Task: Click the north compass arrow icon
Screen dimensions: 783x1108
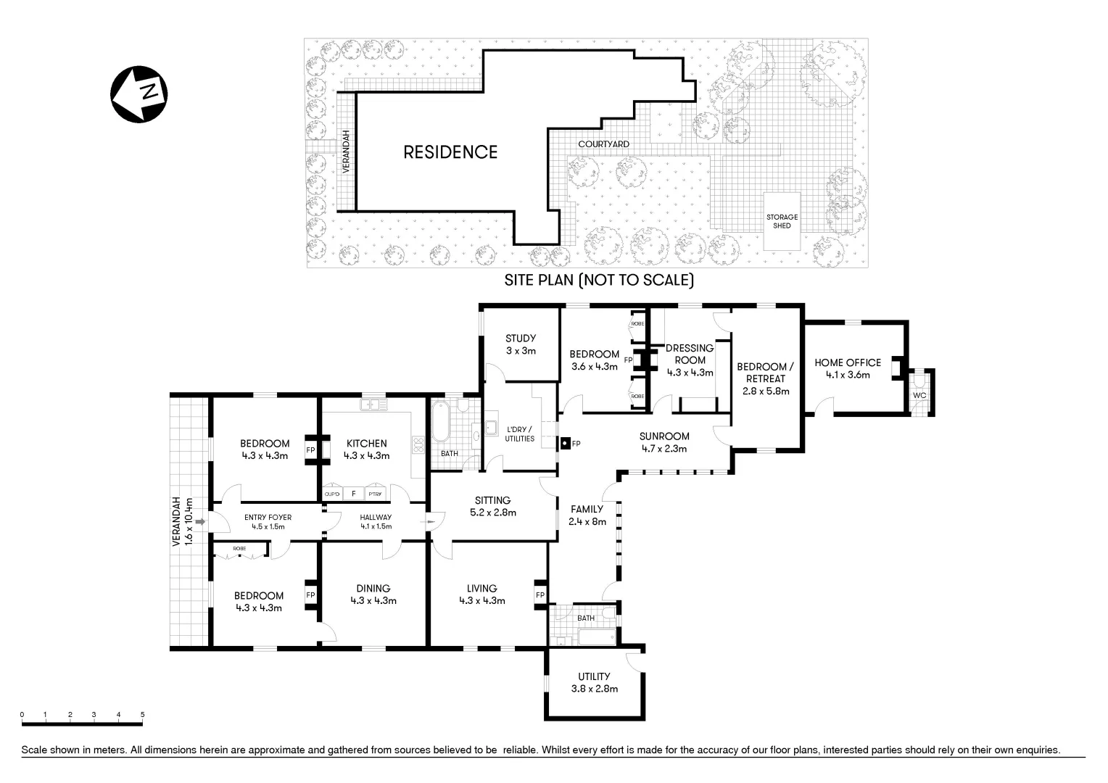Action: (138, 94)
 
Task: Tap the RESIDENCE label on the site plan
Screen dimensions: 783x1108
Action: (450, 152)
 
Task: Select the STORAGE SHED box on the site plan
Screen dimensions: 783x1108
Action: (782, 221)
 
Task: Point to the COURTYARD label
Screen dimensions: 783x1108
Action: (603, 144)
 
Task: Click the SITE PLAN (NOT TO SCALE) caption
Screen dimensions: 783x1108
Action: (599, 281)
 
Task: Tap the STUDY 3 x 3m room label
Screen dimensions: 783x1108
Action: (521, 344)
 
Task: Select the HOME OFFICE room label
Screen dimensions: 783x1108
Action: (847, 368)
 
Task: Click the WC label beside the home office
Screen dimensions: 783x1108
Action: (919, 396)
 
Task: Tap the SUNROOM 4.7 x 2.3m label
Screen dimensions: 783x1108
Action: (664, 442)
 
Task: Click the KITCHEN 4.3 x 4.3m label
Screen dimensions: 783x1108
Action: (366, 449)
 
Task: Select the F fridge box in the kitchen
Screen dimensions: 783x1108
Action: (354, 494)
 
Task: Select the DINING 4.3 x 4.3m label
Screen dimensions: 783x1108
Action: (373, 594)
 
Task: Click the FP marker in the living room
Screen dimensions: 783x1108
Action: (539, 595)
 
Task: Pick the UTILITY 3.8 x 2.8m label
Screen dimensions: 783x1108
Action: (594, 682)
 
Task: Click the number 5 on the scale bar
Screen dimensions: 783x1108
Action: (143, 715)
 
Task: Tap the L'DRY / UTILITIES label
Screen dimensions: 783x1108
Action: (520, 434)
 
